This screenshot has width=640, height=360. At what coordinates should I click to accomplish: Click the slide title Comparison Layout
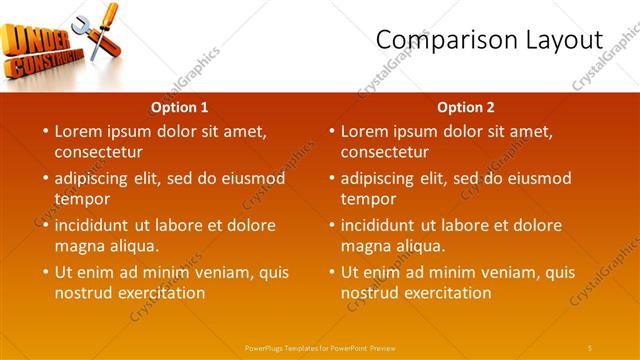coord(489,40)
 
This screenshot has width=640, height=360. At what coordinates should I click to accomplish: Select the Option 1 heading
coord(180,107)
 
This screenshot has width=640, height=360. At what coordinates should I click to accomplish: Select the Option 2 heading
coord(466,107)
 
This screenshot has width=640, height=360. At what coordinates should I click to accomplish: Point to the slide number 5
coord(589,347)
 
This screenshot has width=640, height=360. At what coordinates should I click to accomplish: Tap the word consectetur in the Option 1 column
coord(98,152)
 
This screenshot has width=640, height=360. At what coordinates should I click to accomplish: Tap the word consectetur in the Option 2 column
coord(384,152)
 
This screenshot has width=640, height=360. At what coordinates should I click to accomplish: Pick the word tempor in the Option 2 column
coord(367,199)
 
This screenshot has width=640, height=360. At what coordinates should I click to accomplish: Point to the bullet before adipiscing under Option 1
coord(45,179)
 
